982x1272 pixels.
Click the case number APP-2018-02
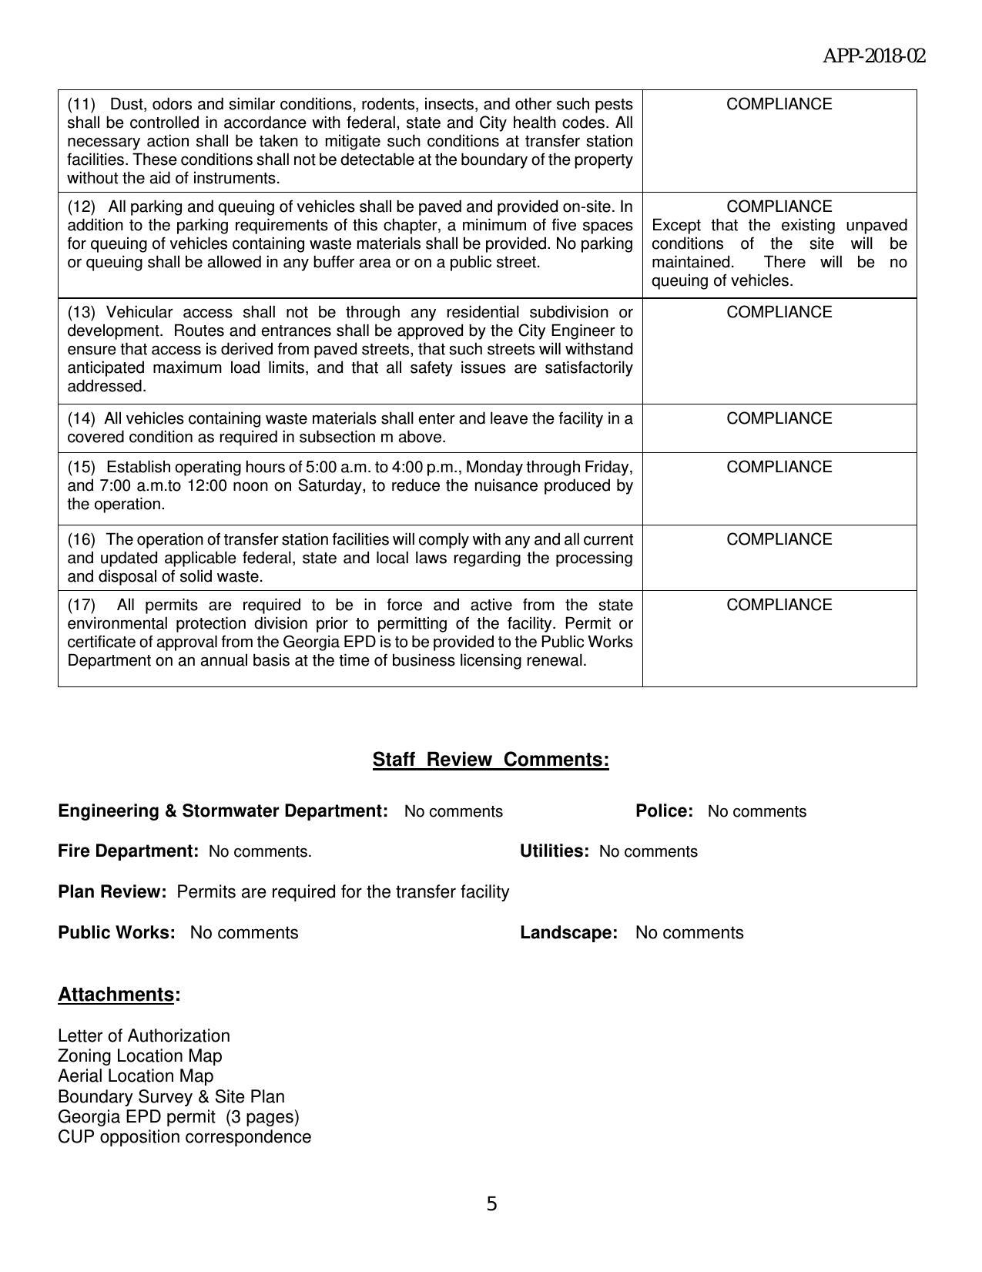coord(874,56)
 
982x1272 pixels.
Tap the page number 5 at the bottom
coord(491,1203)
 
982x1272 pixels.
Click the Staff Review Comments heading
coord(491,760)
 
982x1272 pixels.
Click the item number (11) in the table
coord(81,104)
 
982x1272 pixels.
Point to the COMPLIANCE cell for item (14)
coord(779,418)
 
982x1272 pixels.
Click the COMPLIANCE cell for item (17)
coord(779,605)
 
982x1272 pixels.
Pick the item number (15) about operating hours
coord(81,467)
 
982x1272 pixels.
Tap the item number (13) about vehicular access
coord(81,312)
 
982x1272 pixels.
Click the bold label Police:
coord(664,811)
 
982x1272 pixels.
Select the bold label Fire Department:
coord(128,851)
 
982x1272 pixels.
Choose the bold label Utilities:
coord(554,851)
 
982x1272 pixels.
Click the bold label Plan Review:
coord(112,891)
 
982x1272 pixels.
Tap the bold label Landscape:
coord(568,932)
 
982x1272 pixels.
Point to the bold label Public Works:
coord(116,932)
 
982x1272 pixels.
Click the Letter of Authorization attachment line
coord(144,1035)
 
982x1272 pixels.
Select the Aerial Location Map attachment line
coord(136,1076)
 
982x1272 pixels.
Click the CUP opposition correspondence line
coord(184,1136)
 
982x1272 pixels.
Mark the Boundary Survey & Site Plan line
coord(171,1096)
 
